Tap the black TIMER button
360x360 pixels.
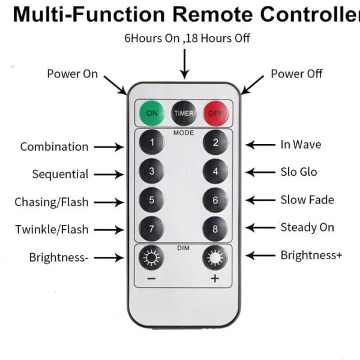pyautogui.click(x=184, y=113)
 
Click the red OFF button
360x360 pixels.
pyautogui.click(x=216, y=113)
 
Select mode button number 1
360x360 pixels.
pyautogui.click(x=152, y=142)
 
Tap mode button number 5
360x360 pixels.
pyautogui.click(x=152, y=200)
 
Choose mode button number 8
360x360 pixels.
pyautogui.click(x=215, y=229)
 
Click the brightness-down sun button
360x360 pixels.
pyautogui.click(x=151, y=257)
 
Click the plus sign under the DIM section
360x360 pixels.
pyautogui.click(x=215, y=278)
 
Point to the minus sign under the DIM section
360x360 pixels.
pyautogui.click(x=151, y=279)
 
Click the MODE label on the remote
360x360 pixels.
pyautogui.click(x=184, y=133)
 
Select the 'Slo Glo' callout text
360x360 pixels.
pyautogui.click(x=299, y=172)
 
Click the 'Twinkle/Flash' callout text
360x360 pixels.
pyautogui.click(x=52, y=229)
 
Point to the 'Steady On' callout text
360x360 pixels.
pyautogui.click(x=307, y=227)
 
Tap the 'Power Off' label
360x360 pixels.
pyautogui.click(x=296, y=74)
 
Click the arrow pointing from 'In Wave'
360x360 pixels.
pyautogui.click(x=260, y=145)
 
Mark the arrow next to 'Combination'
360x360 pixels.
pyautogui.click(x=109, y=147)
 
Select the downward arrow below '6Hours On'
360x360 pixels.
pyautogui.click(x=185, y=64)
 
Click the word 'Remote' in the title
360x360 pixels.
pyautogui.click(x=212, y=14)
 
